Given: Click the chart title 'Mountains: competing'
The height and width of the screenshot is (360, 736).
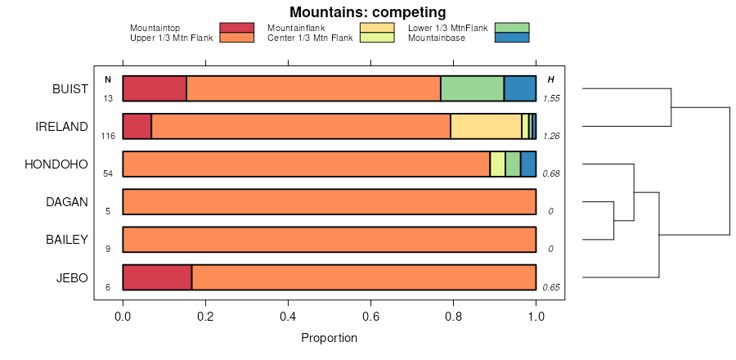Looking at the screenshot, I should tap(367, 12).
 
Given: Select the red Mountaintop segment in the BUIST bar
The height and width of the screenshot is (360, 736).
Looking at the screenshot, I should tap(155, 88).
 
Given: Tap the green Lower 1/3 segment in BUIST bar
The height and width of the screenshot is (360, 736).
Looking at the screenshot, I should tap(472, 88).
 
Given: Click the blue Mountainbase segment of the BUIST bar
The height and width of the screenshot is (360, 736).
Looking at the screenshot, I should tap(519, 88).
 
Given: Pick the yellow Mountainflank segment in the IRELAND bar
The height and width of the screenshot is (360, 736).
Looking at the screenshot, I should tap(486, 127).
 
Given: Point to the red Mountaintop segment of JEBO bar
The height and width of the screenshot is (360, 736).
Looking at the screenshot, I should tap(157, 277).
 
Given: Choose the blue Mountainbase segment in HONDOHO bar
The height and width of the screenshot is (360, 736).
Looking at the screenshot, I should tap(528, 164).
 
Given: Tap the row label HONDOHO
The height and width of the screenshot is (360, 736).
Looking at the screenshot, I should tap(56, 164).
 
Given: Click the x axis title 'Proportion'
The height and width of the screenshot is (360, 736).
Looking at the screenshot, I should tap(329, 337).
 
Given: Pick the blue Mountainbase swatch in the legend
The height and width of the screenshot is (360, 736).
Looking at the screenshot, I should tap(512, 38).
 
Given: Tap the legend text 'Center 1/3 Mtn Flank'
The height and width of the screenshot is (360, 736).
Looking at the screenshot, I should tap(310, 38).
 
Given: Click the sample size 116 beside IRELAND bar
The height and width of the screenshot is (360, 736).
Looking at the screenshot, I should tap(108, 136).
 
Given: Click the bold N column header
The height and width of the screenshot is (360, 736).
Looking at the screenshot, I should tap(107, 79).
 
